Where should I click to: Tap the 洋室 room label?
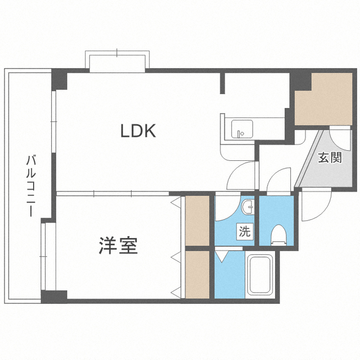[119, 246]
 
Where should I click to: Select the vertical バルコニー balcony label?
[30, 186]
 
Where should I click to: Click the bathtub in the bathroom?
[260, 276]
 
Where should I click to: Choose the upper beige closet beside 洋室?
[197, 219]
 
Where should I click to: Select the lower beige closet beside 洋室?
[197, 273]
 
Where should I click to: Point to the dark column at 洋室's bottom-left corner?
[55, 296]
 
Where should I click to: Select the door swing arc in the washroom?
[226, 207]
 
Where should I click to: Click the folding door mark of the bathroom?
[222, 255]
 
